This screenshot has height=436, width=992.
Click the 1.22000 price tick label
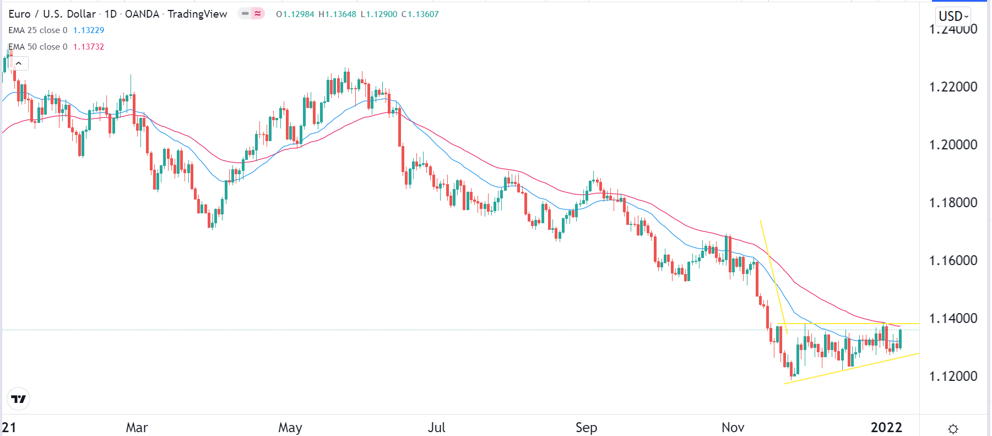click(953, 87)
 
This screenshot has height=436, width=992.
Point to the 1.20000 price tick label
click(953, 145)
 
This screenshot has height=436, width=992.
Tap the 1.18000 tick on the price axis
click(953, 203)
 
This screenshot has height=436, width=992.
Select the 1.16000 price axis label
click(953, 261)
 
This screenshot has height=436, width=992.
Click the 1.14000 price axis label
click(953, 319)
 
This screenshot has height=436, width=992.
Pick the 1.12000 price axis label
click(953, 376)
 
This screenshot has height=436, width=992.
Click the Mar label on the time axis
click(137, 428)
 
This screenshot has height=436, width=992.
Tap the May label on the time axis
click(290, 428)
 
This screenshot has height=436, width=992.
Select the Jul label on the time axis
click(437, 428)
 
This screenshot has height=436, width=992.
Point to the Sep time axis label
click(586, 428)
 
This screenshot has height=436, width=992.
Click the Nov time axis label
click(733, 428)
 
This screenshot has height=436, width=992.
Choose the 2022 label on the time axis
click(886, 428)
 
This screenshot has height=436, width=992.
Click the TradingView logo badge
click(19, 399)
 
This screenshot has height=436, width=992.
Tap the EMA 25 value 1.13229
click(89, 30)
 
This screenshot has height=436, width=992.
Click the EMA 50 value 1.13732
click(89, 47)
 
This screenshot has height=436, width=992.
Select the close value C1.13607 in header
click(420, 14)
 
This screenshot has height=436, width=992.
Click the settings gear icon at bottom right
click(953, 429)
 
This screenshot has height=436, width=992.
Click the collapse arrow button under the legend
click(19, 63)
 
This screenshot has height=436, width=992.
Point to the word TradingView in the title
click(197, 14)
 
